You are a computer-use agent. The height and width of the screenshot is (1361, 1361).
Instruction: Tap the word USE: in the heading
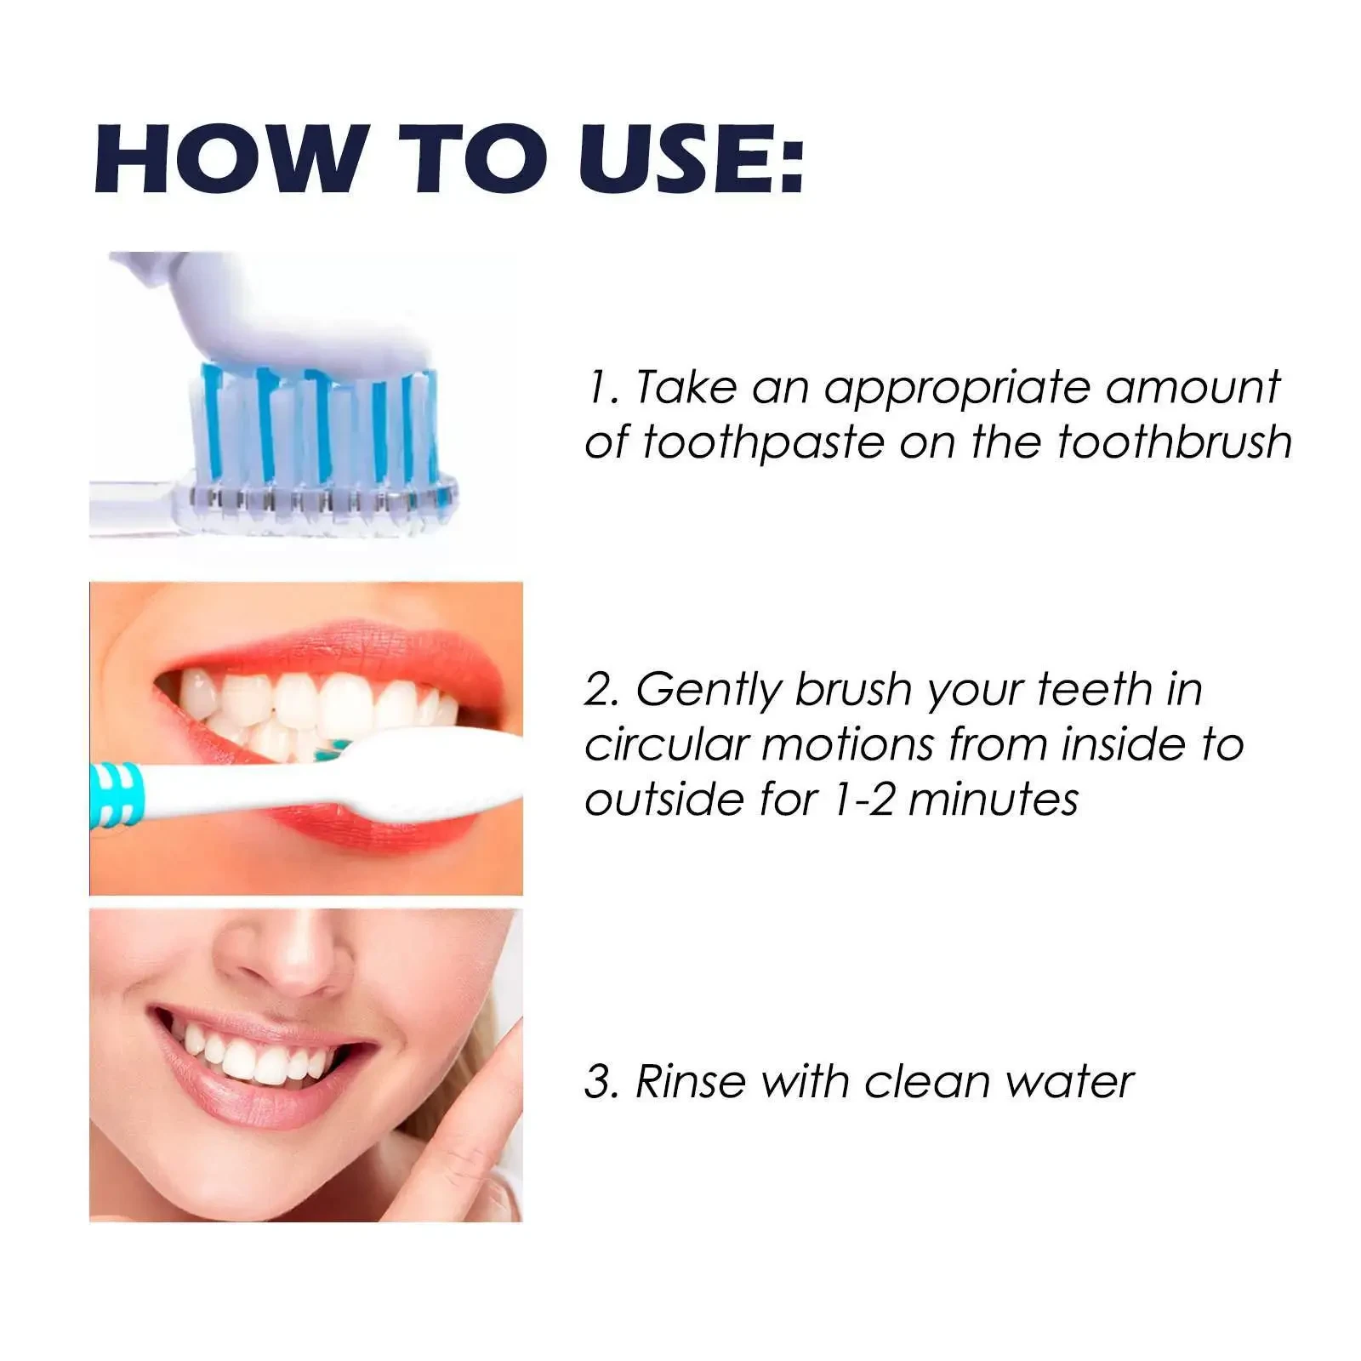point(691,160)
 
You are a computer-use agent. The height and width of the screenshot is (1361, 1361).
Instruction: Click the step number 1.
point(601,388)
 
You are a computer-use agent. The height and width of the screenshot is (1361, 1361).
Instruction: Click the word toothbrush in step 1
point(1175,442)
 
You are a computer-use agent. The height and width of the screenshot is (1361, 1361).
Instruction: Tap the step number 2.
point(601,689)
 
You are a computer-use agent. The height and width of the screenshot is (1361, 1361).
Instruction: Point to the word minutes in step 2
point(994,800)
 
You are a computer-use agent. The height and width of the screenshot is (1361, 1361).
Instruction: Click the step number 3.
point(601,1082)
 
